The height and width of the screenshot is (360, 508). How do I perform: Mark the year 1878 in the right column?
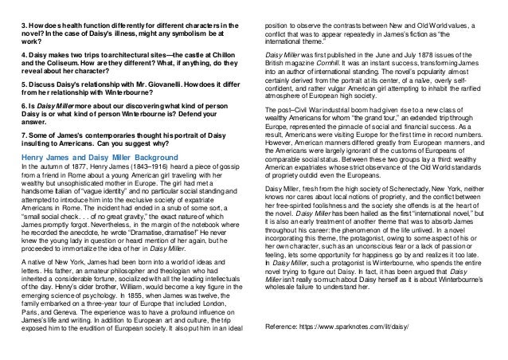click(435, 51)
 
